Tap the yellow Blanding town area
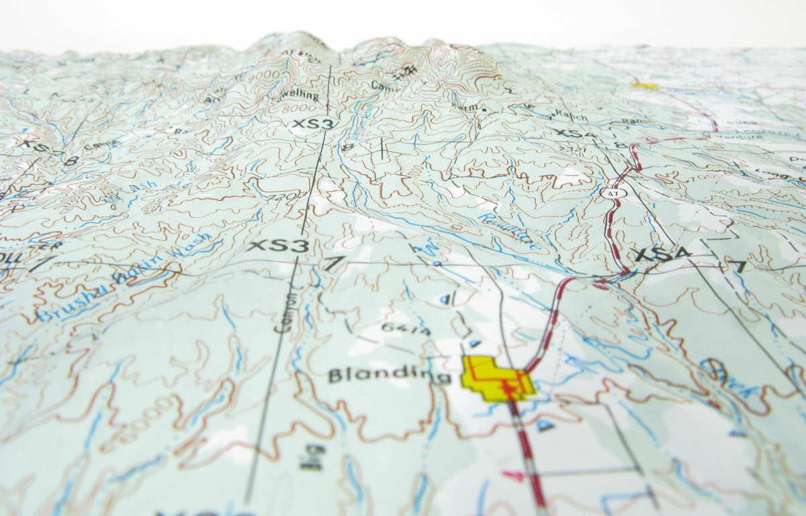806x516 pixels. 496,380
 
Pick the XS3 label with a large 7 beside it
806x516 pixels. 277,246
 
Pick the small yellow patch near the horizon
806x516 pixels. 645,86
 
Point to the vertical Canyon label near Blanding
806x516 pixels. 284,310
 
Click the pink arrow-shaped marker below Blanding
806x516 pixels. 514,476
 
